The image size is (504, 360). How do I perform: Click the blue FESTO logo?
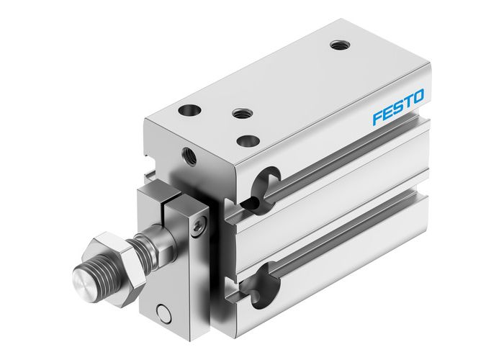[398, 106]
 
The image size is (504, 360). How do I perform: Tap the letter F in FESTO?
[378, 117]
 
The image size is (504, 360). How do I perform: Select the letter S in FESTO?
[397, 107]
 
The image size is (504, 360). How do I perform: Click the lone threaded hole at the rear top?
[338, 45]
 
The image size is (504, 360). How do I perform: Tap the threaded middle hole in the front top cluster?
[239, 113]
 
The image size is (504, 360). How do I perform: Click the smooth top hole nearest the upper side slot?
[247, 140]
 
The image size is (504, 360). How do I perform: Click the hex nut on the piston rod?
[114, 253]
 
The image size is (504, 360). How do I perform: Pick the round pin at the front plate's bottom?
[165, 312]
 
